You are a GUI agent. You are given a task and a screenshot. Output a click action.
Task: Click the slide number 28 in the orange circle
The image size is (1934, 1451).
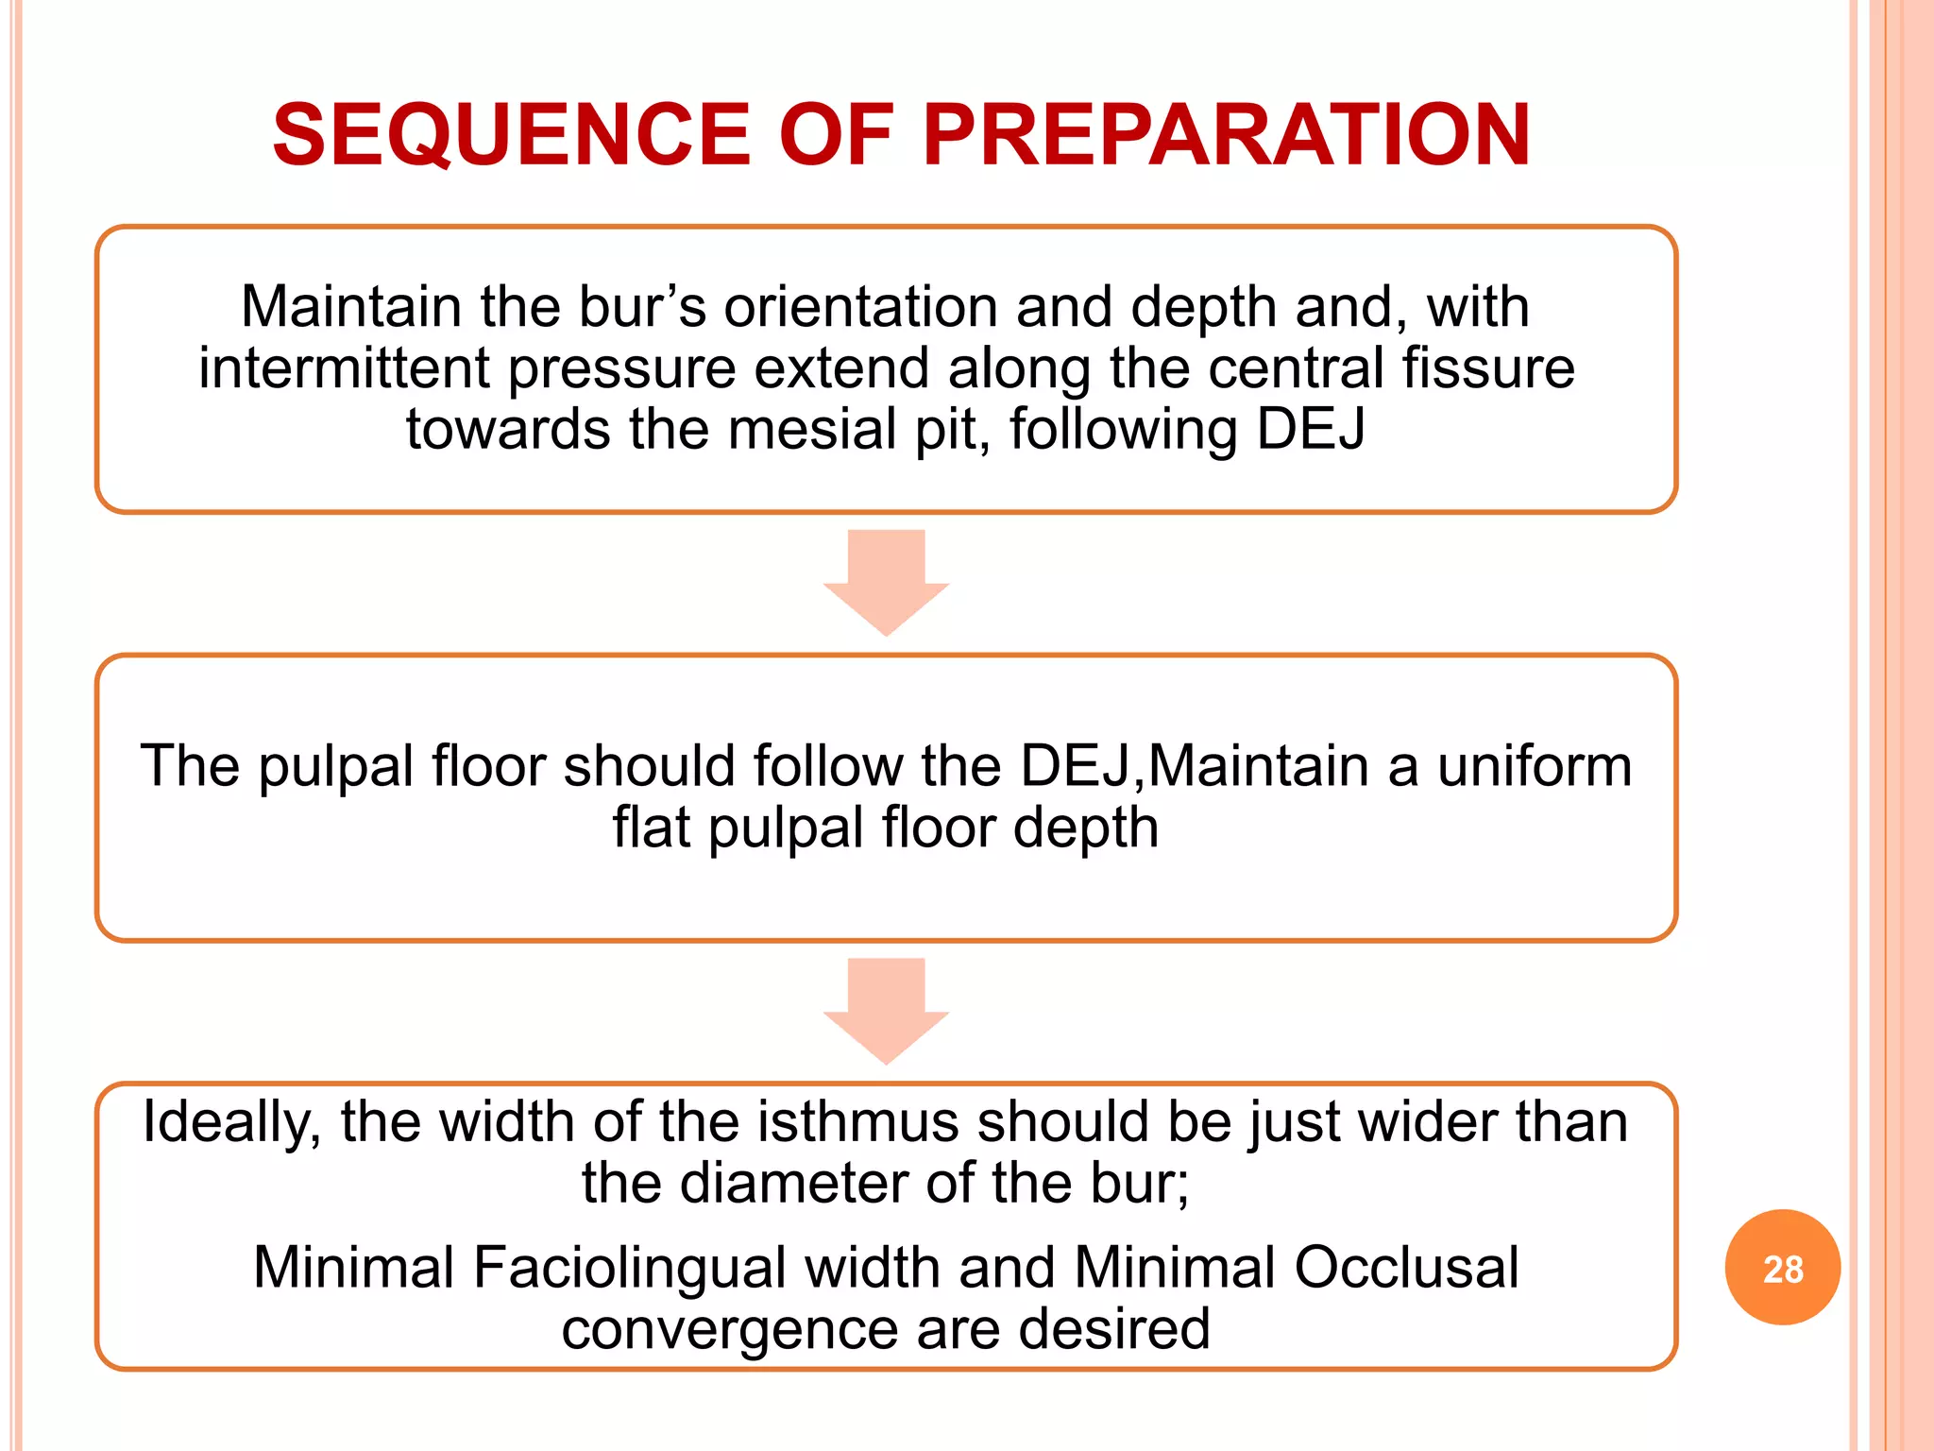[1782, 1269]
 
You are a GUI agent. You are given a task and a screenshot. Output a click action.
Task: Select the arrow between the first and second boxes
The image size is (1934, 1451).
[886, 580]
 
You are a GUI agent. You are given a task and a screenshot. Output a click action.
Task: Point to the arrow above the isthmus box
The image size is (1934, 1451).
[886, 1009]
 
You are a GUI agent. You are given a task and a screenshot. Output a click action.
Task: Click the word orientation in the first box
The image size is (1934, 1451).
[860, 307]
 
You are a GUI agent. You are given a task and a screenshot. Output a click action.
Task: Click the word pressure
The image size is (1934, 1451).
[622, 369]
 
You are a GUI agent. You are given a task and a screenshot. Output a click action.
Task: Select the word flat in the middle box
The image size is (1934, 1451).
[651, 828]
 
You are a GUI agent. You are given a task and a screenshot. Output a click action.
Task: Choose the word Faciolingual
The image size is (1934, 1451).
[629, 1268]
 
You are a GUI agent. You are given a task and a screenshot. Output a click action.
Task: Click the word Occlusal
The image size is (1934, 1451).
[1406, 1268]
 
